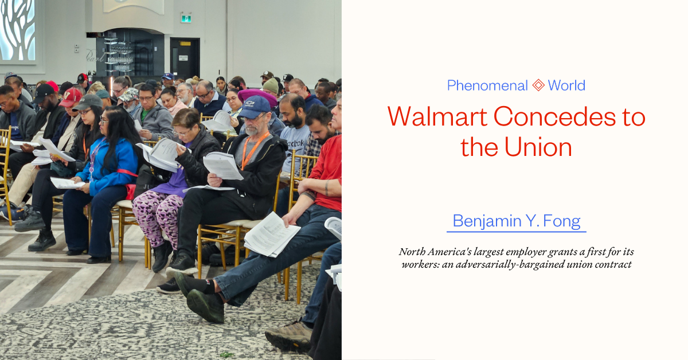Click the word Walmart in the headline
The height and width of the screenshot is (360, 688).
437,117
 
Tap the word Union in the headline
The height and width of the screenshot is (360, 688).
538,147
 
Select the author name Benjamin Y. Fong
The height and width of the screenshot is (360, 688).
517,221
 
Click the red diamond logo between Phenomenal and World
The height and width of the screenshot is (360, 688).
538,85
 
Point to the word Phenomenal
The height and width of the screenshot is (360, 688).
487,85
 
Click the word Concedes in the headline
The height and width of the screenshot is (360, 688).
554,117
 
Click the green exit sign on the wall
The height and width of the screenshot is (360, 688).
186,18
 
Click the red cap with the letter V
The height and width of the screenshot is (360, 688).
71,97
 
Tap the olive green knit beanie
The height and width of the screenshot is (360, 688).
271,85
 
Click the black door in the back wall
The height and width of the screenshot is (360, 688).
185,58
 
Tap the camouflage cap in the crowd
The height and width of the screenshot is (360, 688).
129,95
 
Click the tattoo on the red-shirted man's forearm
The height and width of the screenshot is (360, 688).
327,187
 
